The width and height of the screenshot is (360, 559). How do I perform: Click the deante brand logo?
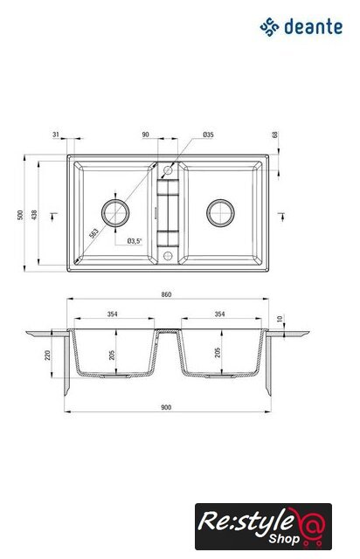pos(301,27)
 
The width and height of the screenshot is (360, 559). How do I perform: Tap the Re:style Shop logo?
pos(263,526)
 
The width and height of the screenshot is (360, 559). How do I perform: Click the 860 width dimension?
pos(166,294)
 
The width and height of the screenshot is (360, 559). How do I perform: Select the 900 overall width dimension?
pos(166,408)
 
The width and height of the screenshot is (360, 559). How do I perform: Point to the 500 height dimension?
pos(20,215)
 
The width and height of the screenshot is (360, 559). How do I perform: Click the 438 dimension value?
pos(34,215)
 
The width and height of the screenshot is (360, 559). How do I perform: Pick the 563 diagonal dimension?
pos(93,233)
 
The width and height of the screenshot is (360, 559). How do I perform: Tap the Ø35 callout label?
pos(208,135)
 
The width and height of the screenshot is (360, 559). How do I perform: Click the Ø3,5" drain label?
pos(135,241)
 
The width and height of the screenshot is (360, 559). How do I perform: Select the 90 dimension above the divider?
pos(146,135)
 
